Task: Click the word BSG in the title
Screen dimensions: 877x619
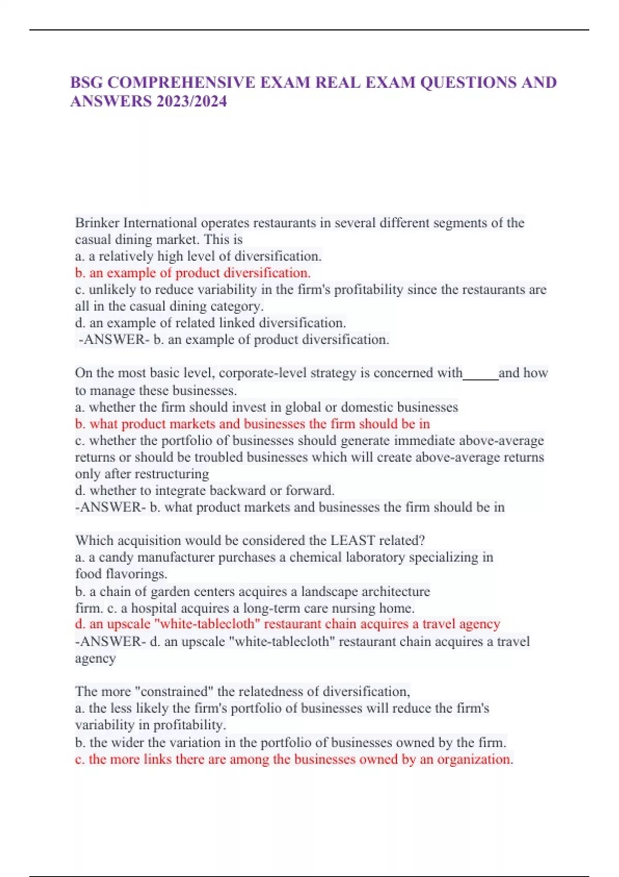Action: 87,83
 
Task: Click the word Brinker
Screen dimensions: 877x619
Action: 97,223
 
